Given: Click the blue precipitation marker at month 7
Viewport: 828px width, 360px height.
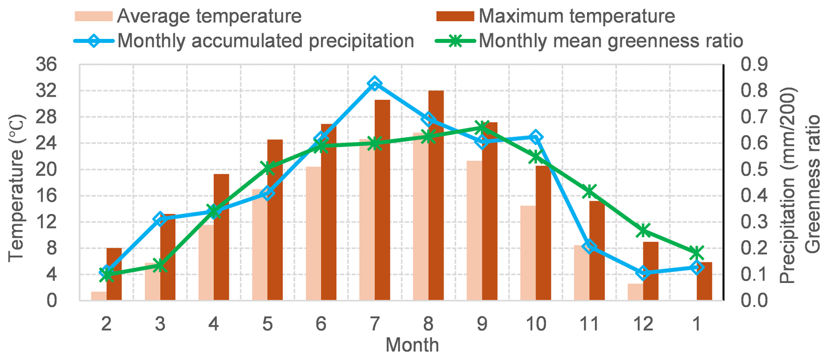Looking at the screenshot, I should (375, 84).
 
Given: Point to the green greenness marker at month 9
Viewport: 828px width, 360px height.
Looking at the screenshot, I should (482, 128).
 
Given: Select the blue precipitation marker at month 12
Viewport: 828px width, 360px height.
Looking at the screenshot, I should (643, 273).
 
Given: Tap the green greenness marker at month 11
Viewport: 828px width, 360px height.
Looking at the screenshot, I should (589, 191).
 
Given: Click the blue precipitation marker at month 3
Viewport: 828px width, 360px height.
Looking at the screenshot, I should (160, 219).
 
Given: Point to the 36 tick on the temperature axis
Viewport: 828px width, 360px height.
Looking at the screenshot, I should (46, 65).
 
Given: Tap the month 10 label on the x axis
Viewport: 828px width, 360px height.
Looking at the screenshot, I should (535, 324).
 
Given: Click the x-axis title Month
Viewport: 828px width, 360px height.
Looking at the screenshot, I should (412, 345).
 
